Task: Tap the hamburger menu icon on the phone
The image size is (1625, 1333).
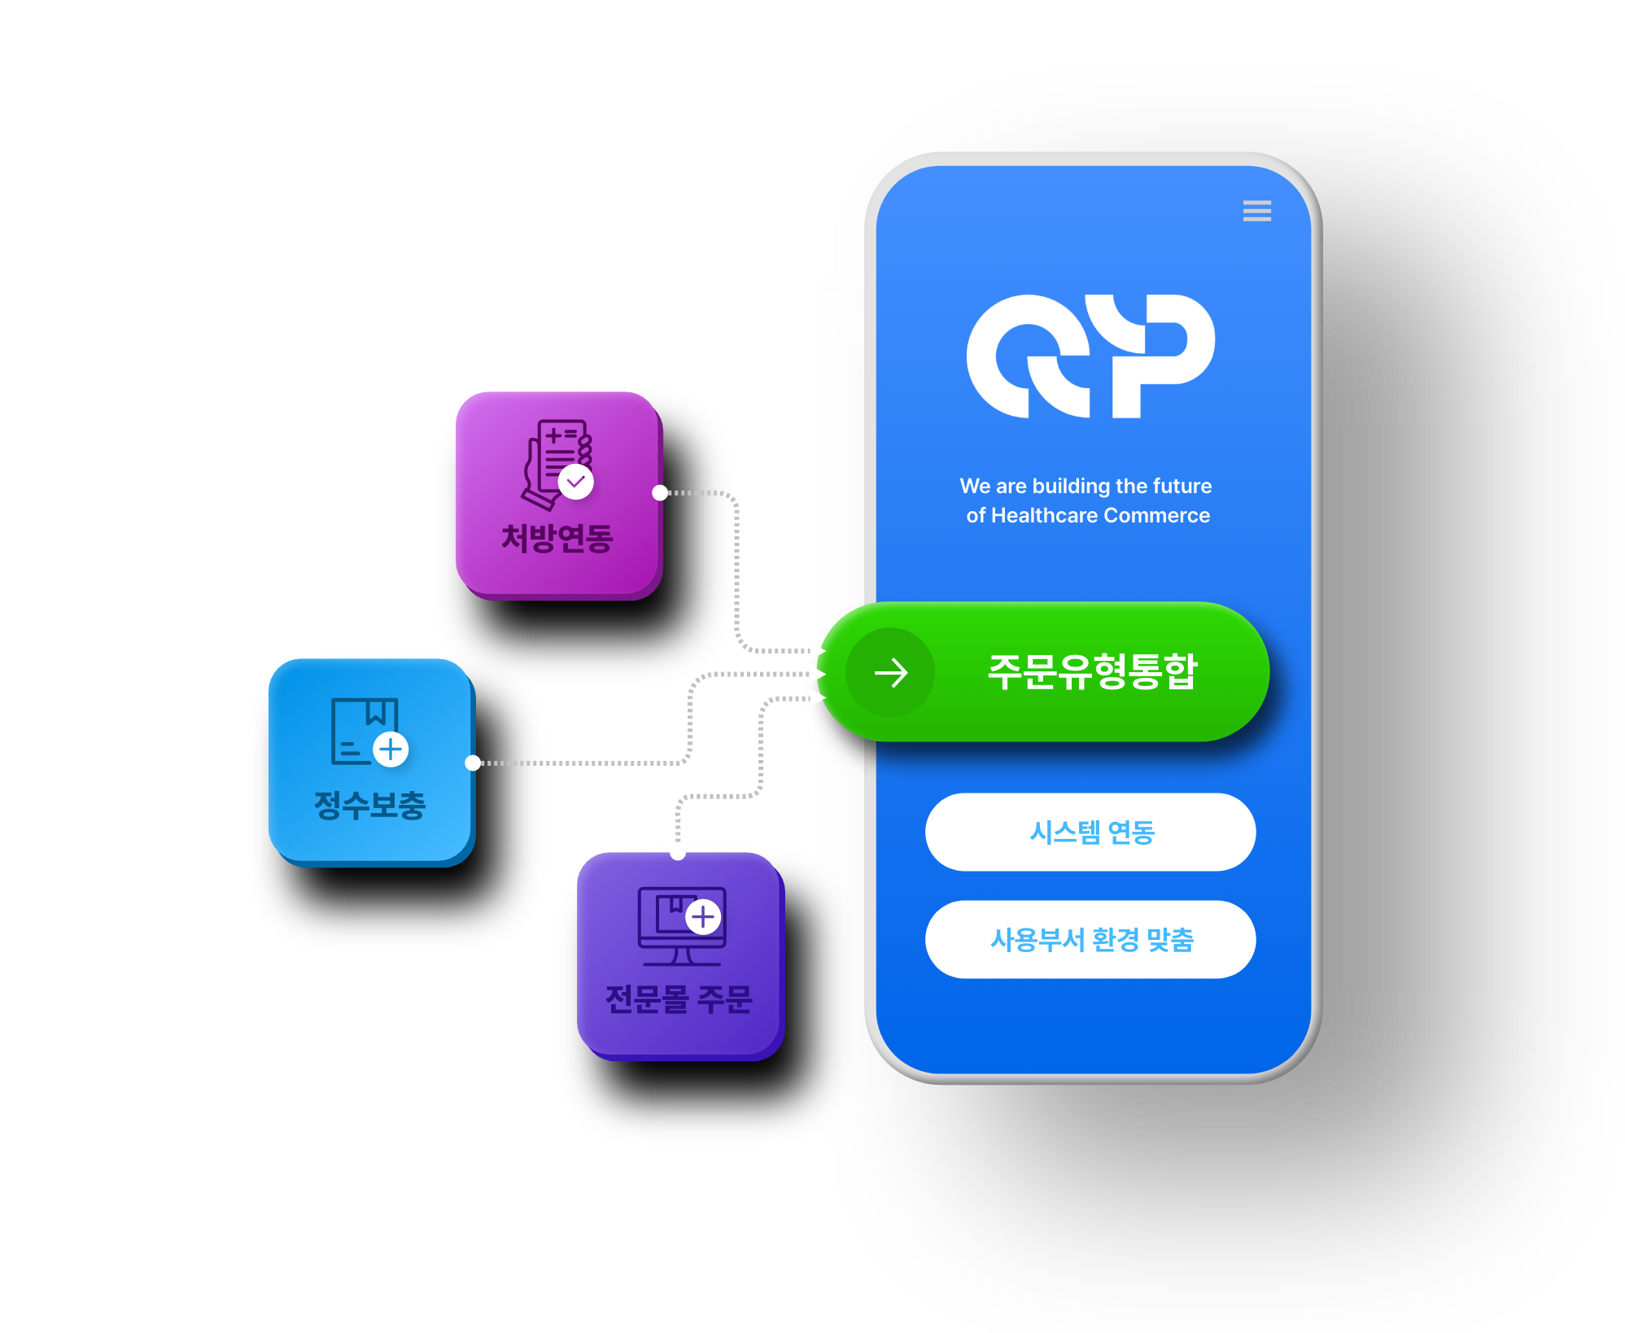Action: click(1256, 211)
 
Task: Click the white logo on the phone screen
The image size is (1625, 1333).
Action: click(1090, 356)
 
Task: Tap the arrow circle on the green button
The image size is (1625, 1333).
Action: click(890, 673)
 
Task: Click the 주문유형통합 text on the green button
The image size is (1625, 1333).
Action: click(1092, 672)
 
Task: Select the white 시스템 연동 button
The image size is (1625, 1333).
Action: click(1090, 832)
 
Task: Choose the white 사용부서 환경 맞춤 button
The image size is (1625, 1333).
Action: click(1090, 939)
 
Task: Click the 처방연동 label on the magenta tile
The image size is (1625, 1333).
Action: click(557, 538)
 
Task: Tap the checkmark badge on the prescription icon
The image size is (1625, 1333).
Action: click(576, 481)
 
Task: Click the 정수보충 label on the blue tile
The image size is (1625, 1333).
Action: click(370, 805)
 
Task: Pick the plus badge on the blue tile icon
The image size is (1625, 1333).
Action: click(391, 749)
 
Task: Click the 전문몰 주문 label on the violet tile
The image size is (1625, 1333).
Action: click(679, 999)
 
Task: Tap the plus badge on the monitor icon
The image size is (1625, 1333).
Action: click(703, 917)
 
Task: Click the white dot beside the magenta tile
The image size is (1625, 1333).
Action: click(660, 492)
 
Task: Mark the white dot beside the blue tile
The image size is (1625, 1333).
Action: click(473, 763)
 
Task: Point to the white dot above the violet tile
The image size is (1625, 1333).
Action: click(678, 852)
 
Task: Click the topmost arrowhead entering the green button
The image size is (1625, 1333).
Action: click(817, 650)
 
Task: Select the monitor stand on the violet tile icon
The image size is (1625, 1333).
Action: click(682, 957)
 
